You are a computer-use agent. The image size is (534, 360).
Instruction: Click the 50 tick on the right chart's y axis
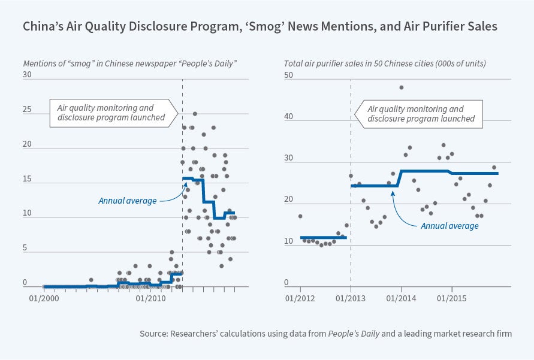[288, 75]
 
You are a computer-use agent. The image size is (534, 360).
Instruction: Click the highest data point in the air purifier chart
[401, 87]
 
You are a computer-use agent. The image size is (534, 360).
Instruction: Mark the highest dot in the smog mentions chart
[195, 114]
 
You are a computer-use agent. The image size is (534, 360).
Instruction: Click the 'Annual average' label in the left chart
[127, 201]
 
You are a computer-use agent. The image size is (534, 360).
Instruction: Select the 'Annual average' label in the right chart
[449, 226]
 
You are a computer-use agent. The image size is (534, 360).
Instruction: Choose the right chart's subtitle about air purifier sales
[384, 63]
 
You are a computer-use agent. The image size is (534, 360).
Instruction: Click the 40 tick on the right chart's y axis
[288, 117]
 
